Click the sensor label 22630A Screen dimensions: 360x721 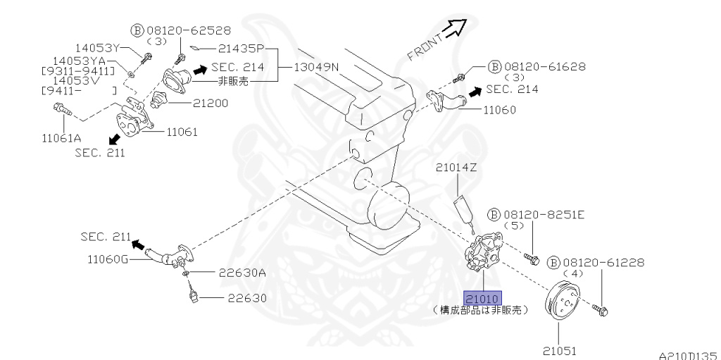(x=242, y=273)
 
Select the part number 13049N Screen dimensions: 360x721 (x=315, y=68)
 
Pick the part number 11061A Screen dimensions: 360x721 (x=63, y=137)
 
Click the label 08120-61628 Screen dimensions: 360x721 (x=542, y=67)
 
